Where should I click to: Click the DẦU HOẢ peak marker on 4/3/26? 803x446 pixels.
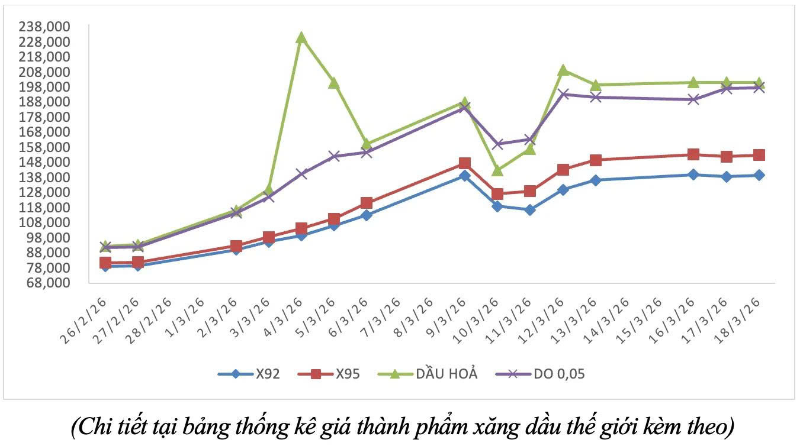(301, 38)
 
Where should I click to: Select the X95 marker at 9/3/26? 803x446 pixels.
(464, 163)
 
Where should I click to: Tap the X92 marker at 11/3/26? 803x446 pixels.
(529, 209)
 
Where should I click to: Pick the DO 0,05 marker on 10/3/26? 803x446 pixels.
(497, 144)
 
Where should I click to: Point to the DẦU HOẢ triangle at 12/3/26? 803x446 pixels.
(563, 70)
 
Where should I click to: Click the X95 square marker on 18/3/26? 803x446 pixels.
(759, 155)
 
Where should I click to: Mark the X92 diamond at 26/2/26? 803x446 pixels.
(105, 266)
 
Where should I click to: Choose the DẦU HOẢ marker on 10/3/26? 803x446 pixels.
(497, 170)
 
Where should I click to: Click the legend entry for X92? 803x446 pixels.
(249, 374)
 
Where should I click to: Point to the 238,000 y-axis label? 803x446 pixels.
(53, 27)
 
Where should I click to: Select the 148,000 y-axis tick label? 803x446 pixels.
(53, 162)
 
